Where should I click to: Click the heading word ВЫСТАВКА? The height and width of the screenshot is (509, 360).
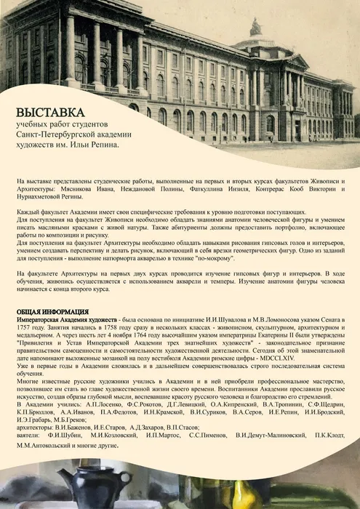coord(50,113)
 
